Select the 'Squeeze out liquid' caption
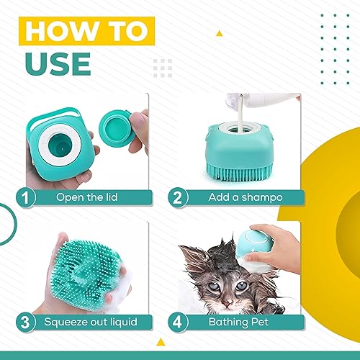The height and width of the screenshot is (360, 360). pyautogui.click(x=91, y=321)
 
